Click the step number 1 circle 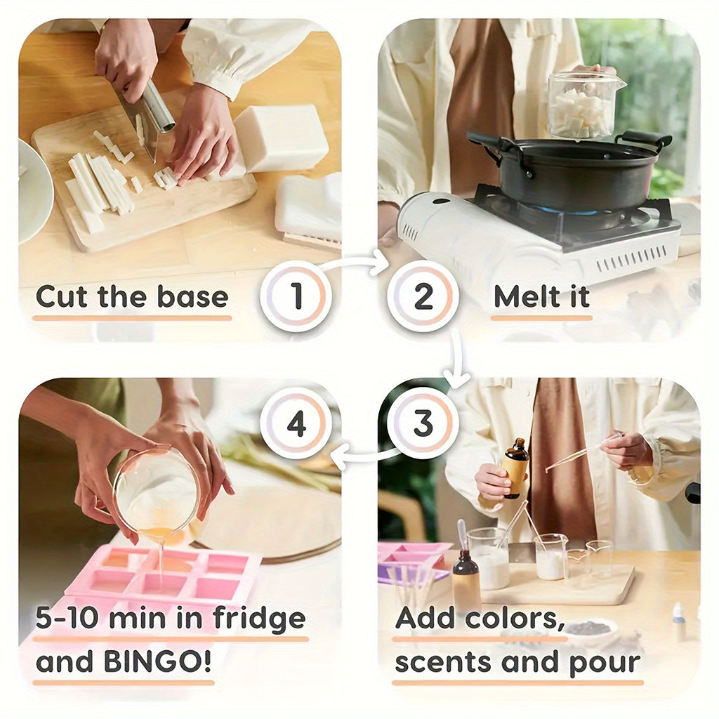point(296,296)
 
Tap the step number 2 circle point(423,296)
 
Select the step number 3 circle point(423,423)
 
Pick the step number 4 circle point(296,423)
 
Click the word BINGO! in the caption point(158,661)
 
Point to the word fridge point(259,618)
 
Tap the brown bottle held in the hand point(515,468)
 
